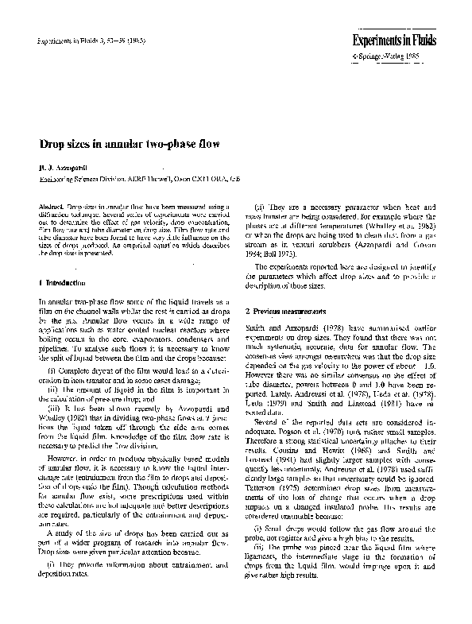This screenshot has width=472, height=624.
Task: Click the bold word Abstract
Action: pos(52,206)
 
